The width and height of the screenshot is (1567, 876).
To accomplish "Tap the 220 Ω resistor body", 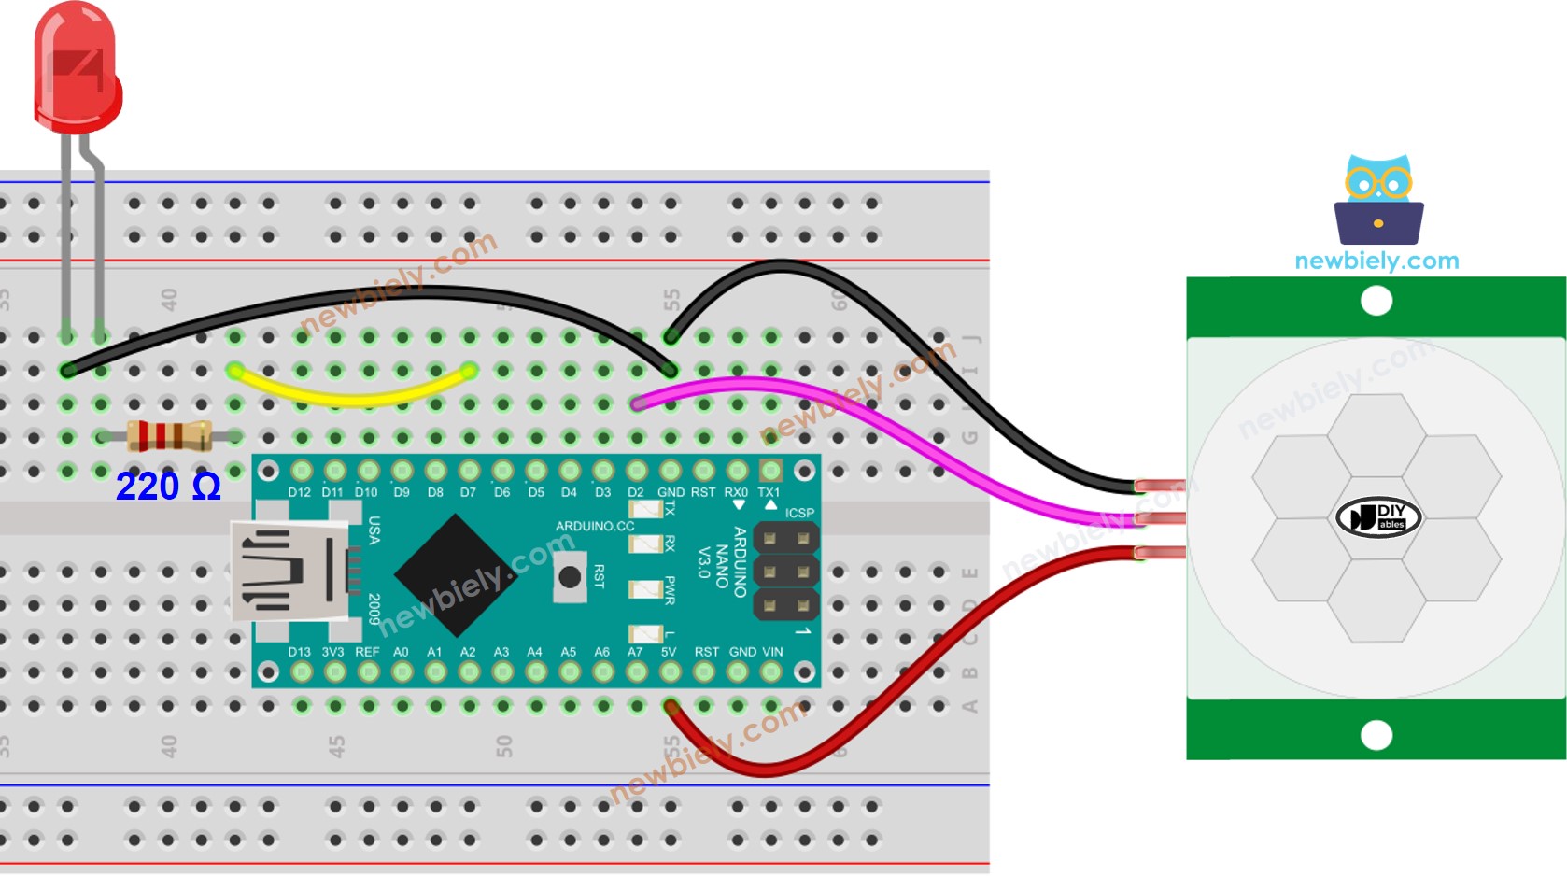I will click(x=168, y=436).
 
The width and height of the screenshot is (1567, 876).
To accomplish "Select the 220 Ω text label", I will click(x=168, y=487).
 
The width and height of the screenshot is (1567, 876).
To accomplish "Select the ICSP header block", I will click(x=785, y=572).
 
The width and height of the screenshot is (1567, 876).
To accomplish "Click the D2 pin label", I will click(x=636, y=492).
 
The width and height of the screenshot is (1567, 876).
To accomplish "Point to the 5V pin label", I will click(x=669, y=652).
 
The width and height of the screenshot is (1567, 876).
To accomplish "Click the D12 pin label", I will click(x=299, y=492).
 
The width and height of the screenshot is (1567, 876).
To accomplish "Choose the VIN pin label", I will click(x=772, y=652).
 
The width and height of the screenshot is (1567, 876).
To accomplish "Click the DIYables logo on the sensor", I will click(x=1378, y=517).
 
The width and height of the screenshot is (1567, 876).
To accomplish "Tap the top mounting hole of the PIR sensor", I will click(x=1376, y=301).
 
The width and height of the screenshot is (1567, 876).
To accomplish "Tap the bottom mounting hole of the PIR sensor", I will click(x=1376, y=735).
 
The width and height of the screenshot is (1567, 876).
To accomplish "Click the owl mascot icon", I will click(x=1378, y=201).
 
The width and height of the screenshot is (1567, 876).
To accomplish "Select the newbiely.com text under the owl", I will click(x=1376, y=261).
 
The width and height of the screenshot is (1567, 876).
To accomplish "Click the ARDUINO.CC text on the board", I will click(x=595, y=526).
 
